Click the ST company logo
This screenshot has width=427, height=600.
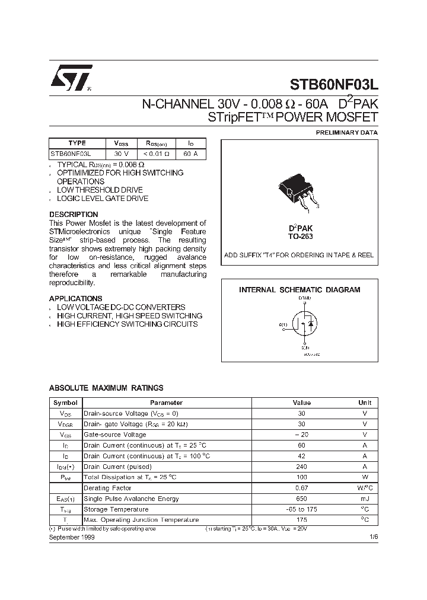(69, 78)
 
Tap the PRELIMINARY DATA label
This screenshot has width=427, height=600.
(346, 133)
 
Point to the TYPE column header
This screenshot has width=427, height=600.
(77, 143)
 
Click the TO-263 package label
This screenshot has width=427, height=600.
(300, 236)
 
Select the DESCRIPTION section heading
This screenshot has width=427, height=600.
(74, 214)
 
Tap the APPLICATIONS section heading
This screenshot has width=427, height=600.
(75, 298)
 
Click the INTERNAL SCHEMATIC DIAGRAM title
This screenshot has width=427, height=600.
(299, 290)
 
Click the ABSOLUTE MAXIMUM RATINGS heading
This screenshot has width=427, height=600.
(106, 388)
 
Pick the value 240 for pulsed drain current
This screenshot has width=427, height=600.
(301, 467)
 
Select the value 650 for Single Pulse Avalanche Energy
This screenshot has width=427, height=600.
(301, 499)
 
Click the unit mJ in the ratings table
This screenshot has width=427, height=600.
(364, 499)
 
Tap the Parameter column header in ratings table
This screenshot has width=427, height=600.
(170, 403)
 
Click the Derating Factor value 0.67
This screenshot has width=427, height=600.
(301, 488)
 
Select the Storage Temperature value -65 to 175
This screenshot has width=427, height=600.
(301, 509)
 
